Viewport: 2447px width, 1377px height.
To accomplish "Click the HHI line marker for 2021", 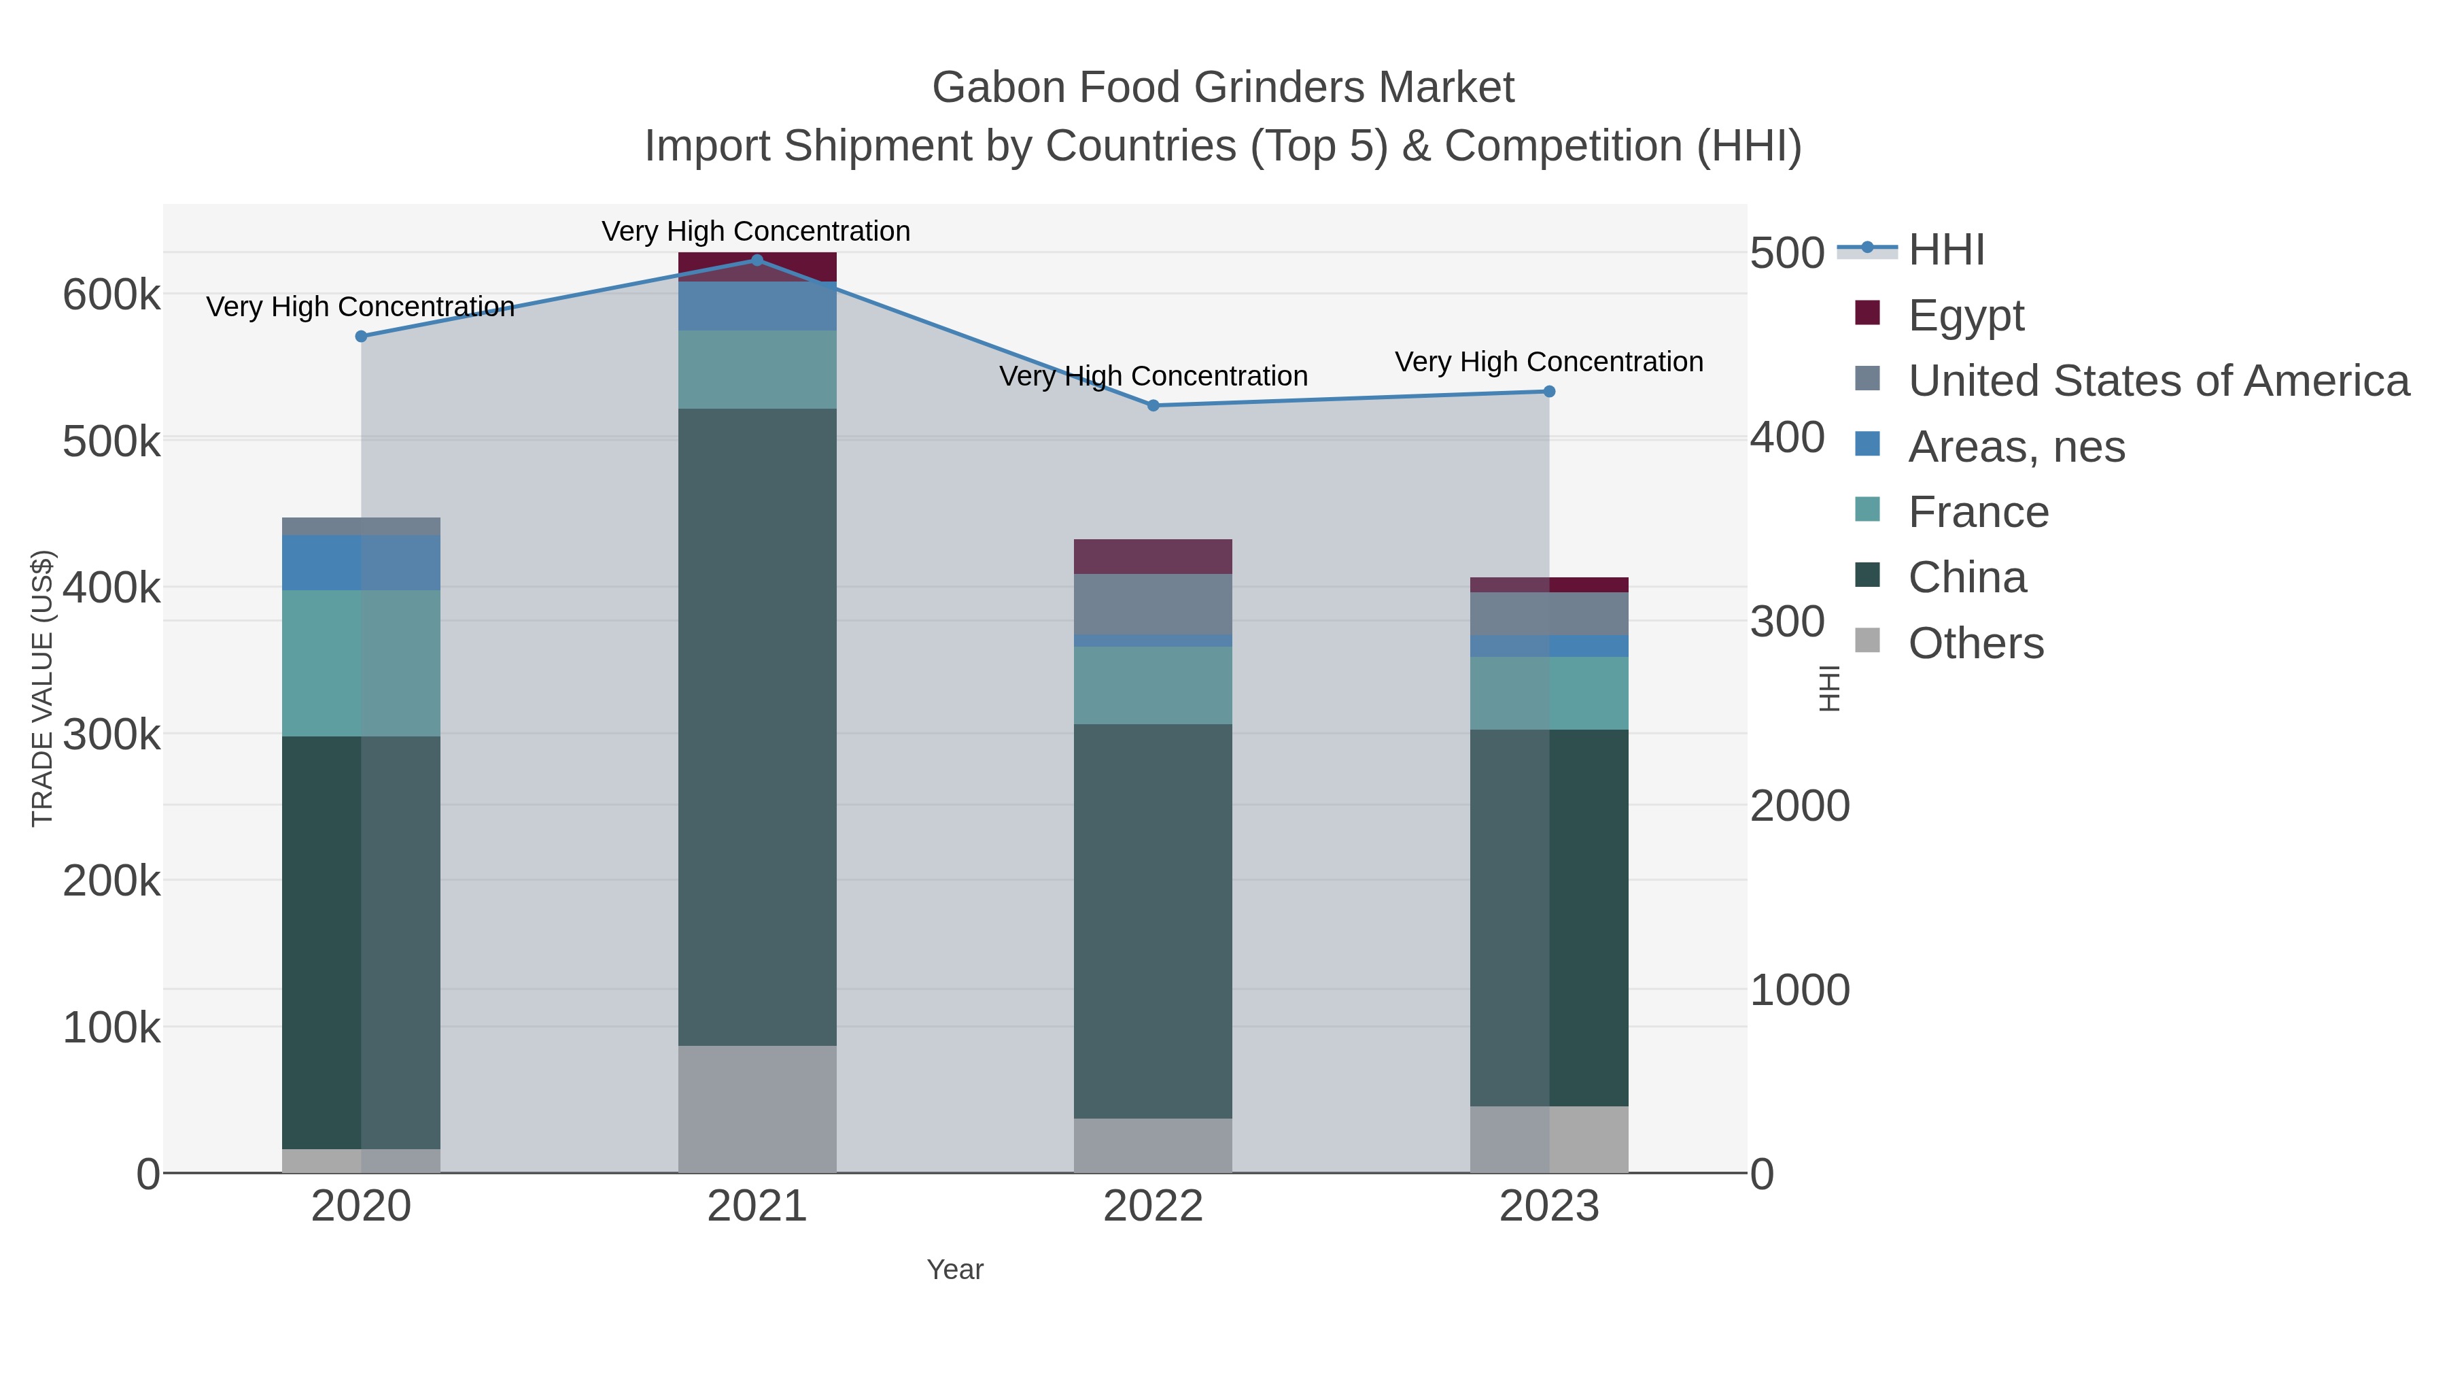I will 757,260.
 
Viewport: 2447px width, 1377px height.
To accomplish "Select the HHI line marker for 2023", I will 1548,392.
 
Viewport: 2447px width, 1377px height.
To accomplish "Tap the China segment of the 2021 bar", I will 757,727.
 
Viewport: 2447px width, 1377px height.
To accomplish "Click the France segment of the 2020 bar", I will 361,663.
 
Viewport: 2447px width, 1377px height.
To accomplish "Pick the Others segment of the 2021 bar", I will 757,1109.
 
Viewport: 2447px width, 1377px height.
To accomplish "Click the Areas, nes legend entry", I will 2016,447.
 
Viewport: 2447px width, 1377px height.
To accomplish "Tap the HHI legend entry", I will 1945,250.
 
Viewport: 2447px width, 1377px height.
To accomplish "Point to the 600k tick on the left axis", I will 111,294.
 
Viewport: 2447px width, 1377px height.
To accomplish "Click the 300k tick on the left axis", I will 111,734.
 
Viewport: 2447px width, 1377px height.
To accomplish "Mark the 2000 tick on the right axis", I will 1799,806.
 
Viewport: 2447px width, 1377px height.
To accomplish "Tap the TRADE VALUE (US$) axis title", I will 43,688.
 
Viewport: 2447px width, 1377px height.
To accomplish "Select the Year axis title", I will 955,1270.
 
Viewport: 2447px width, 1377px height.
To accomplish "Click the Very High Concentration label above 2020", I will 360,307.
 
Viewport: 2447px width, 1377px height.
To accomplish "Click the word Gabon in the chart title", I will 997,88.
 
